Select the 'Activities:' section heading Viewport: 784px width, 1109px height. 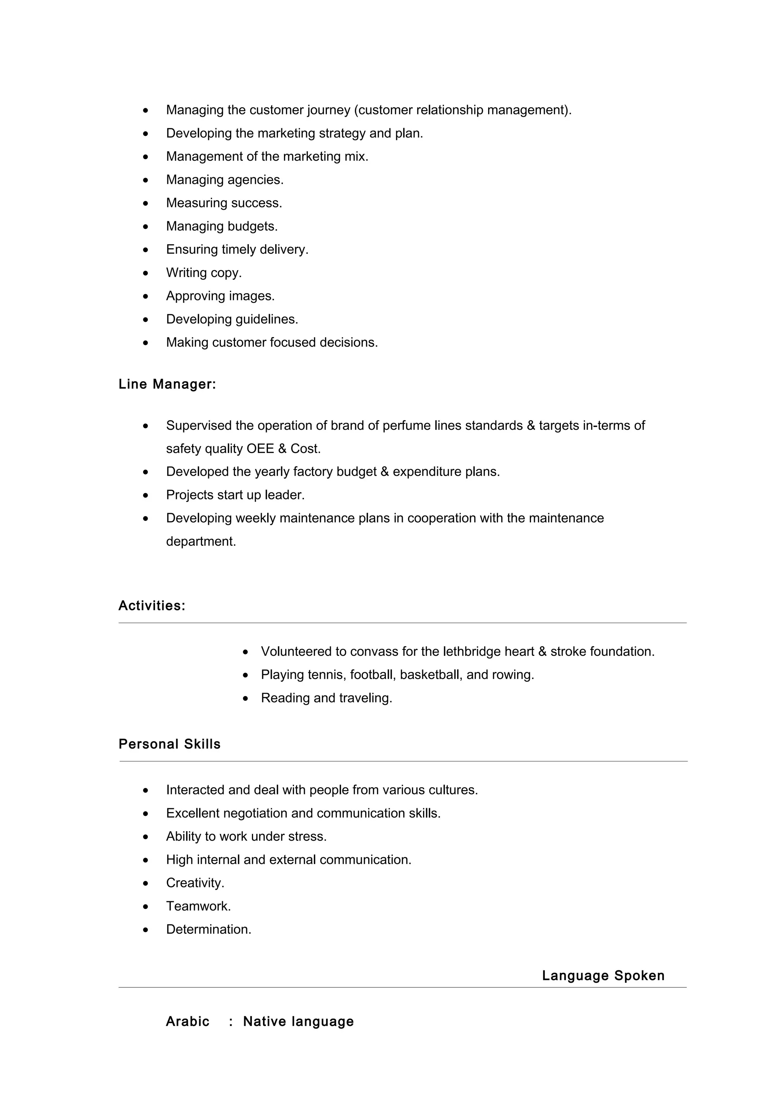(152, 606)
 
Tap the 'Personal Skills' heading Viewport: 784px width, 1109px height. (170, 744)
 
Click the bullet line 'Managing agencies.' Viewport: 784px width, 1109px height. (225, 180)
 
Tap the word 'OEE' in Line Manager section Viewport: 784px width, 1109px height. (260, 449)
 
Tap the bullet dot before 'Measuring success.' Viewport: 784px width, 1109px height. (145, 203)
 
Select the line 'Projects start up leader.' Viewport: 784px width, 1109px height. (235, 495)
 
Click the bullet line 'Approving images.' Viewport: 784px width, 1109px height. (220, 296)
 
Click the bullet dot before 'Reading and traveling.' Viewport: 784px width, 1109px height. (245, 698)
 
